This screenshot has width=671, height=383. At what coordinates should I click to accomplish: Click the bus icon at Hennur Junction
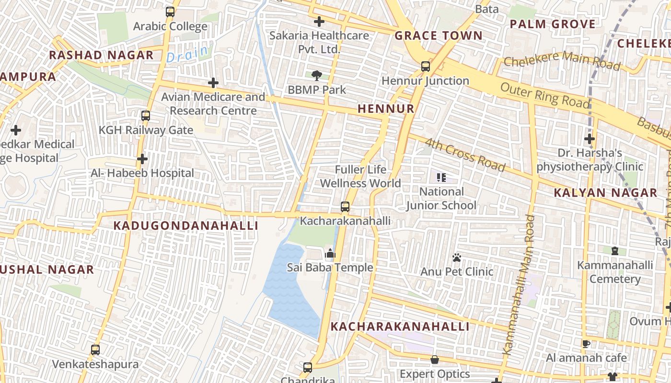(425, 67)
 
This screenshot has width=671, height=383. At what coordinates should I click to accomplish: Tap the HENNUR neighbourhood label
(386, 109)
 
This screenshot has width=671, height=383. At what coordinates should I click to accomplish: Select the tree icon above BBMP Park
(316, 75)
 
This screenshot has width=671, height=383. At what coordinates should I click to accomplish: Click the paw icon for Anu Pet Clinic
(456, 258)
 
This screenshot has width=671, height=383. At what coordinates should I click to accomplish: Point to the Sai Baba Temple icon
(330, 253)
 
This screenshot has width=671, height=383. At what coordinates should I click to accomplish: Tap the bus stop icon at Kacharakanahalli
(345, 207)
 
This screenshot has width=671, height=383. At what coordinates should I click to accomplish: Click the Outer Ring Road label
(544, 95)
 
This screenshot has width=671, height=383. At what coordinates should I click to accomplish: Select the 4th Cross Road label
(465, 155)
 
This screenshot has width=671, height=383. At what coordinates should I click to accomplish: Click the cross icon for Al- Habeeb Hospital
(142, 159)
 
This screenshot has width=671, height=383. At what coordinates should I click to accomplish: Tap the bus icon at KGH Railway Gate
(145, 116)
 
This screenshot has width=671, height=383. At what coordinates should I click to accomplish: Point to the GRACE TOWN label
(438, 36)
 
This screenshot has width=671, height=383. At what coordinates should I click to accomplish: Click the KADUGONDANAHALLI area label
(185, 226)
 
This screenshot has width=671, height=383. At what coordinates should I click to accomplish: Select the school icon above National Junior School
(441, 178)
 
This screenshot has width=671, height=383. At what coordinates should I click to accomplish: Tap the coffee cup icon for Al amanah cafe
(586, 343)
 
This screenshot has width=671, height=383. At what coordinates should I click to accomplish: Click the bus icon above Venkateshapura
(95, 350)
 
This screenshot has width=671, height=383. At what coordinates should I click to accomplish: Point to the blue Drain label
(187, 54)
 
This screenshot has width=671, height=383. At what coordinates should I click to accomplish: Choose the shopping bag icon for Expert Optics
(435, 360)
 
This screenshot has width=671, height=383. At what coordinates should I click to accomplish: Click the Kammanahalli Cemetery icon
(615, 251)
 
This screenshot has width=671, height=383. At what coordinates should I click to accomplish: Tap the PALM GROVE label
(552, 24)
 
